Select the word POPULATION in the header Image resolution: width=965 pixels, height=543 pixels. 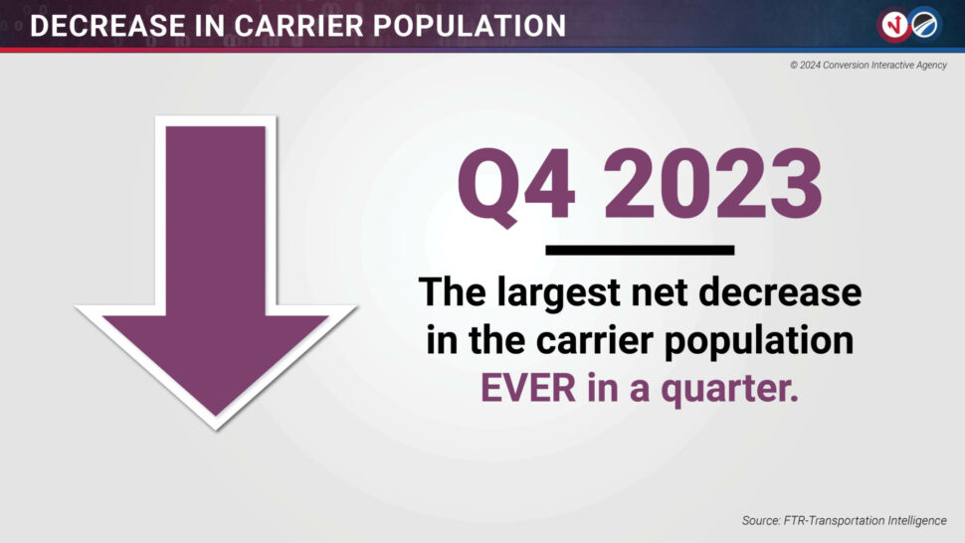pos(469,26)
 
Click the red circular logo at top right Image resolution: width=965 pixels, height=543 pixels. pos(893,25)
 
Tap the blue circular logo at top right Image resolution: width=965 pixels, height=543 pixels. pos(924,25)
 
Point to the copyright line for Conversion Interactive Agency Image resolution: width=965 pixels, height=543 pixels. pos(868,66)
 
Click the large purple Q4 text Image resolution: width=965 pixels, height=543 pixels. pos(515,185)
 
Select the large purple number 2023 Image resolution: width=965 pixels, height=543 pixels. pos(712,183)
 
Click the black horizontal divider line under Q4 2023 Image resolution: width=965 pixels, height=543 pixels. pos(640,250)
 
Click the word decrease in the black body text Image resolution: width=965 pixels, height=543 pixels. pos(780,291)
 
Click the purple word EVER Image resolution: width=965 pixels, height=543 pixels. pos(528,388)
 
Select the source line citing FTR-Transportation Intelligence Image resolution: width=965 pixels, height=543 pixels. pos(845,521)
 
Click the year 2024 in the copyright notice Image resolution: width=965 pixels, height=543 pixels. pos(809,66)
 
